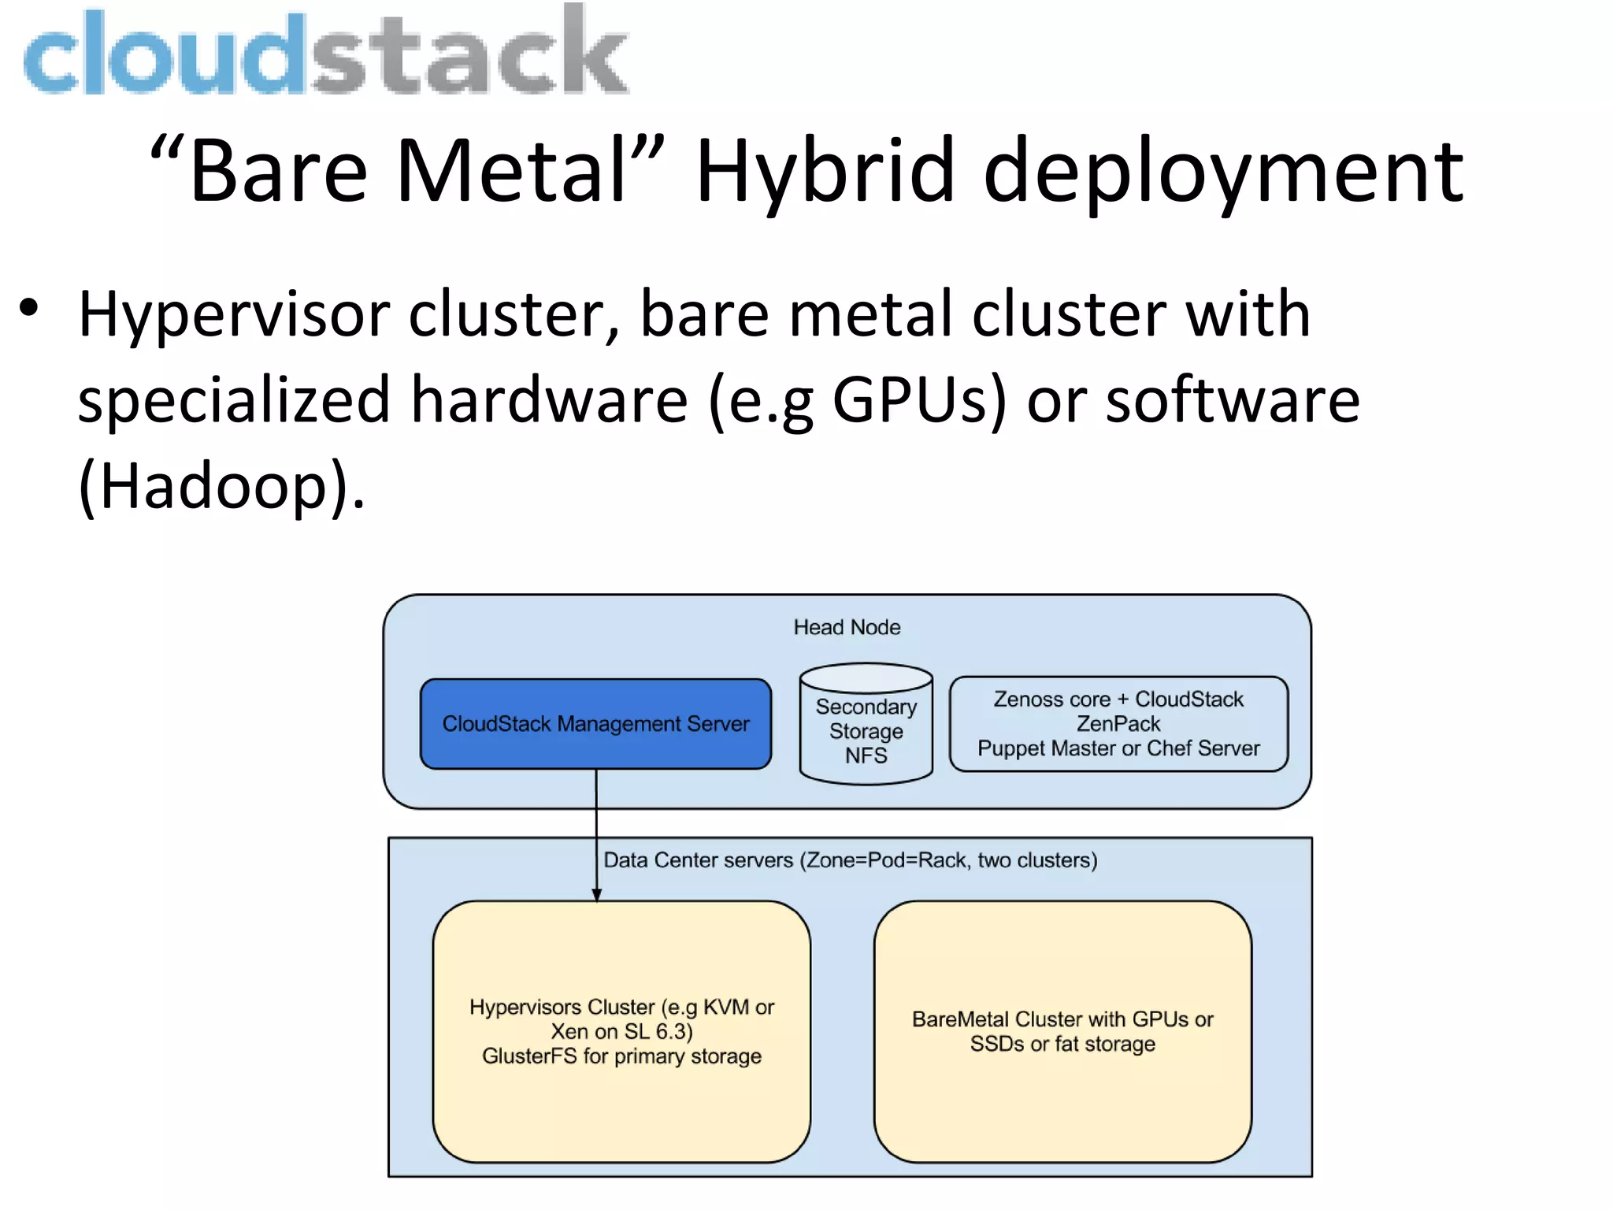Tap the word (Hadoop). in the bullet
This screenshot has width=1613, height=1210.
221,486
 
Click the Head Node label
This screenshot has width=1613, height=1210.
847,627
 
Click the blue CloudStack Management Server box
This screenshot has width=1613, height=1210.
595,724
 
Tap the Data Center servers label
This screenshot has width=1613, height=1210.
850,860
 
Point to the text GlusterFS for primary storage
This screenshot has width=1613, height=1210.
621,1056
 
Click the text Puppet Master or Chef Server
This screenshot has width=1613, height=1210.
1118,748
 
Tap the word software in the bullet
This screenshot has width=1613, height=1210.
1233,400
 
